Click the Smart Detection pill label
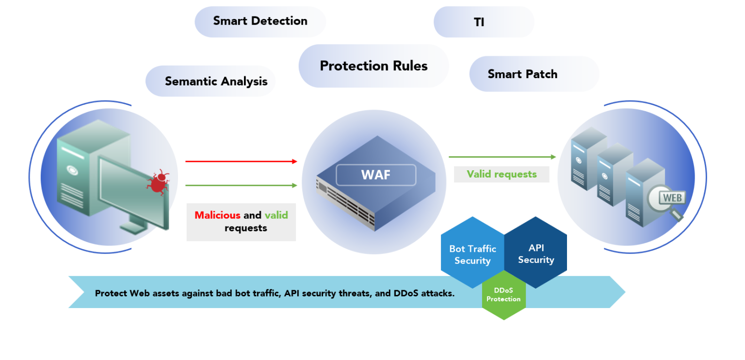pyautogui.click(x=260, y=21)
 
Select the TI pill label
pyautogui.click(x=479, y=22)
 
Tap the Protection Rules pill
pyautogui.click(x=373, y=66)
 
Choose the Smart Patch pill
pyautogui.click(x=522, y=74)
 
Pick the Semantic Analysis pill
pyautogui.click(x=216, y=81)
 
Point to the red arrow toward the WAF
pyautogui.click(x=241, y=161)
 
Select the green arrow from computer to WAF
pyautogui.click(x=241, y=185)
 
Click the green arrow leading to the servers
pyautogui.click(x=502, y=157)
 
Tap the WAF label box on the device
pyautogui.click(x=376, y=175)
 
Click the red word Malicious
pyautogui.click(x=217, y=215)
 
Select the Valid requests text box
pyautogui.click(x=502, y=174)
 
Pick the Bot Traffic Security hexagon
pyautogui.click(x=472, y=254)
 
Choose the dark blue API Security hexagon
pyautogui.click(x=536, y=253)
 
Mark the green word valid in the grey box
pyautogui.click(x=276, y=215)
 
